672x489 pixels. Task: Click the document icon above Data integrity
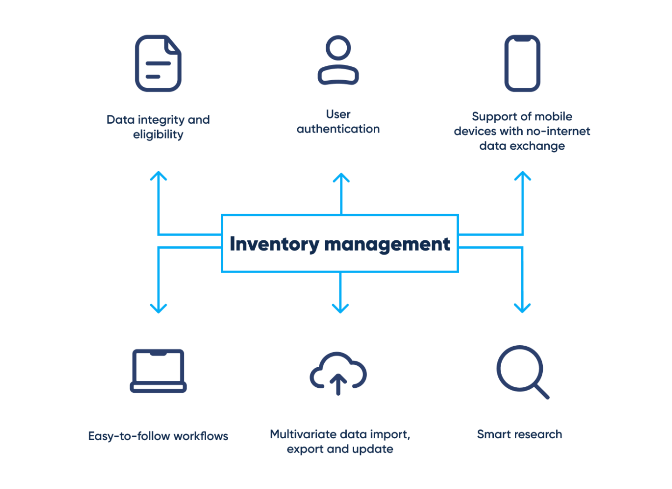pos(158,63)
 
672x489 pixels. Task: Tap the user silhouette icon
pos(338,61)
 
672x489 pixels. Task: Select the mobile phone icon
pos(522,63)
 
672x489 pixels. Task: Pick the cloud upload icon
pos(338,373)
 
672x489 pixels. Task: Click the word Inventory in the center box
pos(274,244)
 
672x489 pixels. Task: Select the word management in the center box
pos(387,244)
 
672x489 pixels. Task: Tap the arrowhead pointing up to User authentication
pos(341,178)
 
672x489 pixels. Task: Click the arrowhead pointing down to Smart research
pos(522,307)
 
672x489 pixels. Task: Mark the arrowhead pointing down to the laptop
pos(159,307)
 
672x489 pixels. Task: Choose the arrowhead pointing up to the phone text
pos(522,176)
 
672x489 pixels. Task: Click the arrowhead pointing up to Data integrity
pos(159,176)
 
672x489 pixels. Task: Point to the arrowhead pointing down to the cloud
pos(340,307)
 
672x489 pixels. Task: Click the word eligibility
pos(158,135)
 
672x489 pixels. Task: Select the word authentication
pos(338,129)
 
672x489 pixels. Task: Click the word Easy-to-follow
pos(129,436)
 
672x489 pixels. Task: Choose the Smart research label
pos(519,434)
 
